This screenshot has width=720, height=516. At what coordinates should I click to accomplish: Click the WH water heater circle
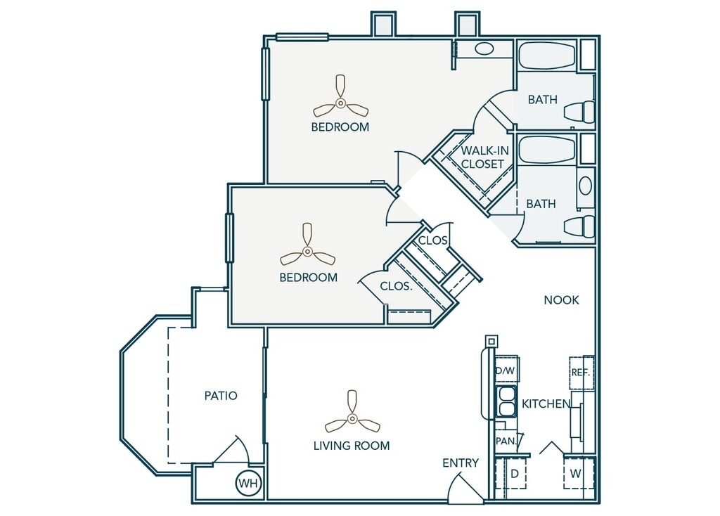(x=249, y=483)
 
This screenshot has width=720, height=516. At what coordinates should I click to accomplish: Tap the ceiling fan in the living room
(x=352, y=418)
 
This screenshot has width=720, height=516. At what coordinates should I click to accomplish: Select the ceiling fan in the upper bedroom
(x=340, y=103)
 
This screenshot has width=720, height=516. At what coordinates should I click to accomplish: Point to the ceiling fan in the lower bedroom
(x=308, y=251)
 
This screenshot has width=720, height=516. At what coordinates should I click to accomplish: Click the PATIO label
(x=221, y=395)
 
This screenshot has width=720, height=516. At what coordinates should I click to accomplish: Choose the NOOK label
(x=562, y=299)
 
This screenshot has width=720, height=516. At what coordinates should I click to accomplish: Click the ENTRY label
(x=461, y=463)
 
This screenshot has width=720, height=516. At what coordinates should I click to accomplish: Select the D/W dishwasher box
(x=506, y=368)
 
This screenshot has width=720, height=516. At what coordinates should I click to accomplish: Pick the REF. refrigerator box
(x=581, y=373)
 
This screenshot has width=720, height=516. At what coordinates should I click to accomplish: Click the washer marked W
(x=576, y=473)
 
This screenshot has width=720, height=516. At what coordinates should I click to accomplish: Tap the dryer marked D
(x=514, y=473)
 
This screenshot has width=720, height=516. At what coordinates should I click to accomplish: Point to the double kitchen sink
(x=506, y=401)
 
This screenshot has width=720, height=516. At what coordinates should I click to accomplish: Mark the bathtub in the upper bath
(x=546, y=57)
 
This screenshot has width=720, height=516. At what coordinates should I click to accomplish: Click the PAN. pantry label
(x=506, y=441)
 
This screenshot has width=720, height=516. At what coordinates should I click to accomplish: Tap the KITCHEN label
(x=546, y=404)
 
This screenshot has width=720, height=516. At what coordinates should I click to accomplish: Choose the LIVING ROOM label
(x=352, y=445)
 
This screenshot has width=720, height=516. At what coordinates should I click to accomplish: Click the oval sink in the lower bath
(x=585, y=186)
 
